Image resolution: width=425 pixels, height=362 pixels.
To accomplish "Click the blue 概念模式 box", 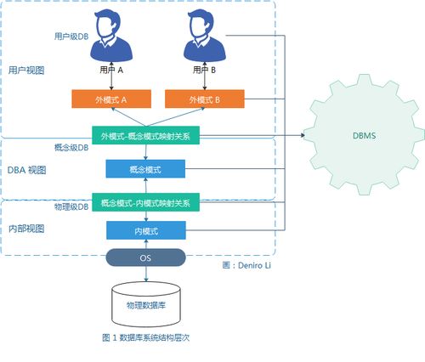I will pyautogui.click(x=145, y=169).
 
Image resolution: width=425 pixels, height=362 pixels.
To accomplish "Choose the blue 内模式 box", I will pyautogui.click(x=145, y=230).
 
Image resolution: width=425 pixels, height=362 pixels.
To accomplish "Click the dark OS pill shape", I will pyautogui.click(x=145, y=257).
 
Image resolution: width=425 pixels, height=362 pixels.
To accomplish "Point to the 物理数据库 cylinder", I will pyautogui.click(x=145, y=304).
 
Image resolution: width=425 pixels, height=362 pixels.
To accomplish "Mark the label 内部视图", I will pyautogui.click(x=26, y=229).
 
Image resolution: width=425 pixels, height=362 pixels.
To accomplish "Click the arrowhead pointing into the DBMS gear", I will pyautogui.click(x=303, y=134).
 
